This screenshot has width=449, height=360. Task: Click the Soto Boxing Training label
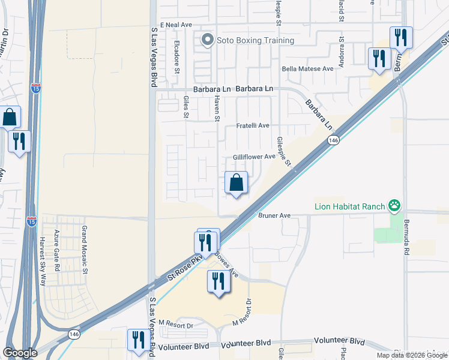point(256,41)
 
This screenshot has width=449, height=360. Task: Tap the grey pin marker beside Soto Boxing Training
point(208,41)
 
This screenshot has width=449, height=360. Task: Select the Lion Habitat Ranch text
point(349,207)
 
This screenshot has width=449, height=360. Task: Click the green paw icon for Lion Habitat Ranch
point(394,207)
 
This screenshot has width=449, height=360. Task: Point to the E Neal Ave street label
point(172,25)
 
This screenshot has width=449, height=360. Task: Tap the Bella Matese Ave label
point(308,69)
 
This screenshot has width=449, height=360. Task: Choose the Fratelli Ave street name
point(252,126)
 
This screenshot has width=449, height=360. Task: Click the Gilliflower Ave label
point(254,157)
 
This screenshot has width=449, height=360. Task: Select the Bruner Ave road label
point(274,215)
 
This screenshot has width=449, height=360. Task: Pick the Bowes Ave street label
point(226,265)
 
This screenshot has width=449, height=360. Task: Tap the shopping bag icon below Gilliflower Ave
point(237,183)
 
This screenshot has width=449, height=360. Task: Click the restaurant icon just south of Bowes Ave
point(218,281)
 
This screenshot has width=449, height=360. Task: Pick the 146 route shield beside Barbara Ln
point(333,140)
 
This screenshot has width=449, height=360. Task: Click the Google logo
point(20,353)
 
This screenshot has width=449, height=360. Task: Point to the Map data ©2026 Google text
point(411,355)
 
